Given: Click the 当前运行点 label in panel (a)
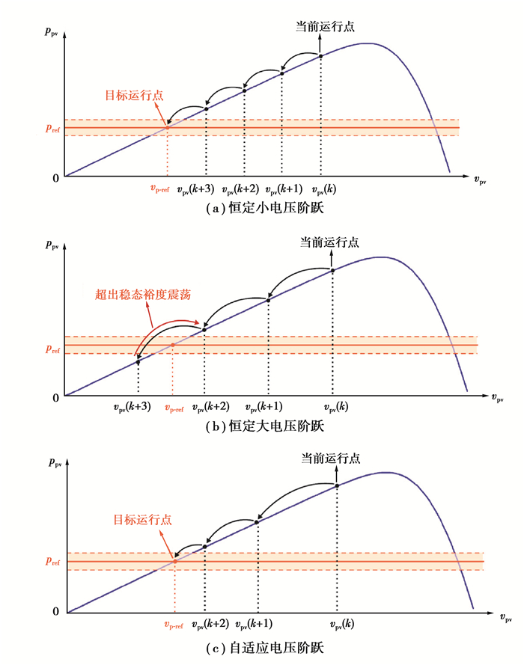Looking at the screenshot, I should click(x=325, y=25).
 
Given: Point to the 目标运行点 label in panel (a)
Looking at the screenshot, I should click(x=134, y=95).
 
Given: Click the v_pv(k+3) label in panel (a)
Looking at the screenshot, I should click(x=196, y=190).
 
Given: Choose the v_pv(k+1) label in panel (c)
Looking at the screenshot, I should click(x=254, y=624).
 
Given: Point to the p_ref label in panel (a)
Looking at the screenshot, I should click(x=52, y=128).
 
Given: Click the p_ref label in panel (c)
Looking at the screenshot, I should click(x=52, y=561).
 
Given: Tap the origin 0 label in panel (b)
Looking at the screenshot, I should click(x=55, y=397).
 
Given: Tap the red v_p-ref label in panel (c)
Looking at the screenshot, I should click(x=173, y=625).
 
